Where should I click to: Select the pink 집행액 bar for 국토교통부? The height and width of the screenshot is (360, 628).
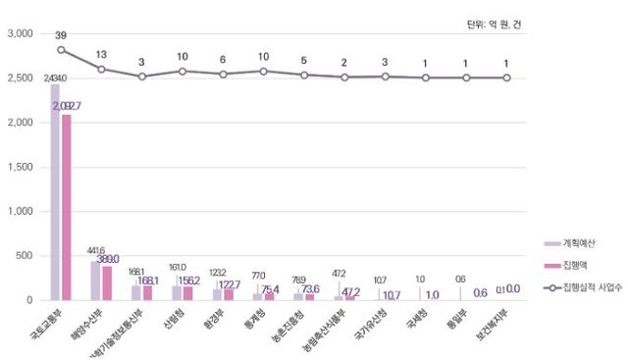[x=66, y=207]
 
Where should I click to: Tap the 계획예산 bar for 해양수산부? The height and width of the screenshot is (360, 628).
[x=95, y=280]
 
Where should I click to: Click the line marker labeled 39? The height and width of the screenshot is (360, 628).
[x=61, y=49]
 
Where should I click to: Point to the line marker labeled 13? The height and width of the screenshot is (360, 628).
[x=101, y=69]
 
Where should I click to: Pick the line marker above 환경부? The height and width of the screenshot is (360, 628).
[x=223, y=74]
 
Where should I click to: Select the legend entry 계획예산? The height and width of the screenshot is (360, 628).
[x=580, y=242]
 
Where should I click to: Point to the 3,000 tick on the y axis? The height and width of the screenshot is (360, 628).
[x=20, y=33]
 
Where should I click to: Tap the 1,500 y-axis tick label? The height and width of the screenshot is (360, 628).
[x=20, y=167]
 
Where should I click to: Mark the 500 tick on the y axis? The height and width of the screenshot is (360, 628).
[x=26, y=256]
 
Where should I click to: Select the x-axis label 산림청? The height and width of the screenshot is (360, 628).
[x=173, y=320]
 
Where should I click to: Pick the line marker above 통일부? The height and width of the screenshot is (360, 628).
[x=466, y=77]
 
